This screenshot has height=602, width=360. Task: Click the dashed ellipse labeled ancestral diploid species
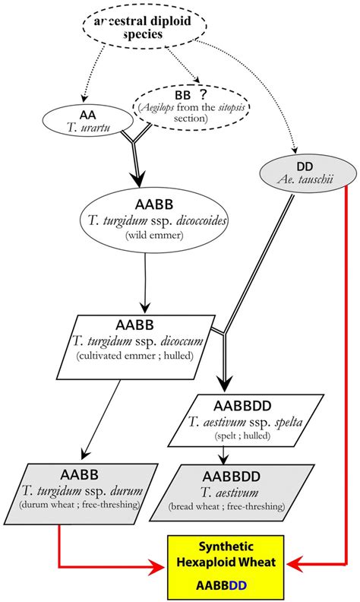click(x=144, y=28)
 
